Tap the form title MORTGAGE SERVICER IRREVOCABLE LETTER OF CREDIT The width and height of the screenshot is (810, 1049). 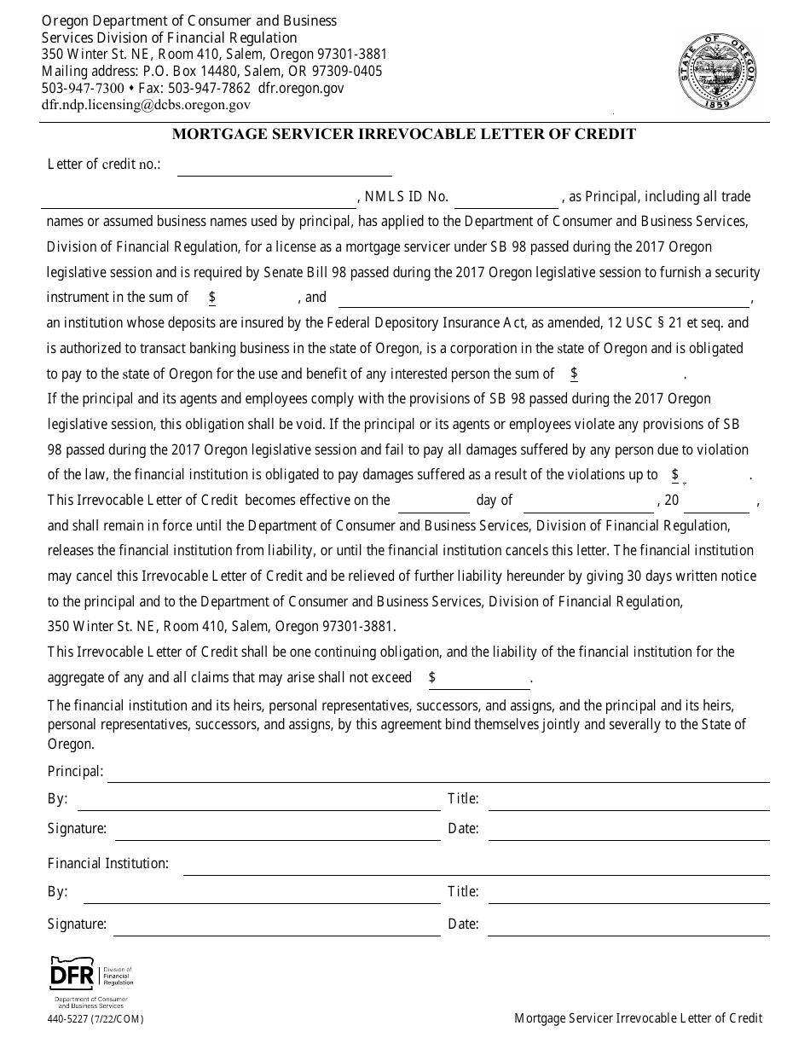pos(404,134)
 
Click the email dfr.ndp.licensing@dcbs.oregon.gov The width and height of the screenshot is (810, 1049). pos(146,105)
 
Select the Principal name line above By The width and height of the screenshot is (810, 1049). pos(438,773)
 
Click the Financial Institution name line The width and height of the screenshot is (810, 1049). pos(476,865)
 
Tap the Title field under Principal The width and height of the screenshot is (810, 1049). pos(628,801)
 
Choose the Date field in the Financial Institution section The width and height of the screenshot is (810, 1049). pos(628,925)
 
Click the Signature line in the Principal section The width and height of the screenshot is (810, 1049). pos(277,830)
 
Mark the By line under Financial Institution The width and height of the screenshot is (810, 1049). pos(257,893)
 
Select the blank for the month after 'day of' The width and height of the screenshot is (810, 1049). pos(587,501)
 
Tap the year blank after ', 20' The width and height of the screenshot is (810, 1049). pos(716,501)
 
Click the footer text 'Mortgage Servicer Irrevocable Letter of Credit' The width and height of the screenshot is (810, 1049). pos(638,1018)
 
